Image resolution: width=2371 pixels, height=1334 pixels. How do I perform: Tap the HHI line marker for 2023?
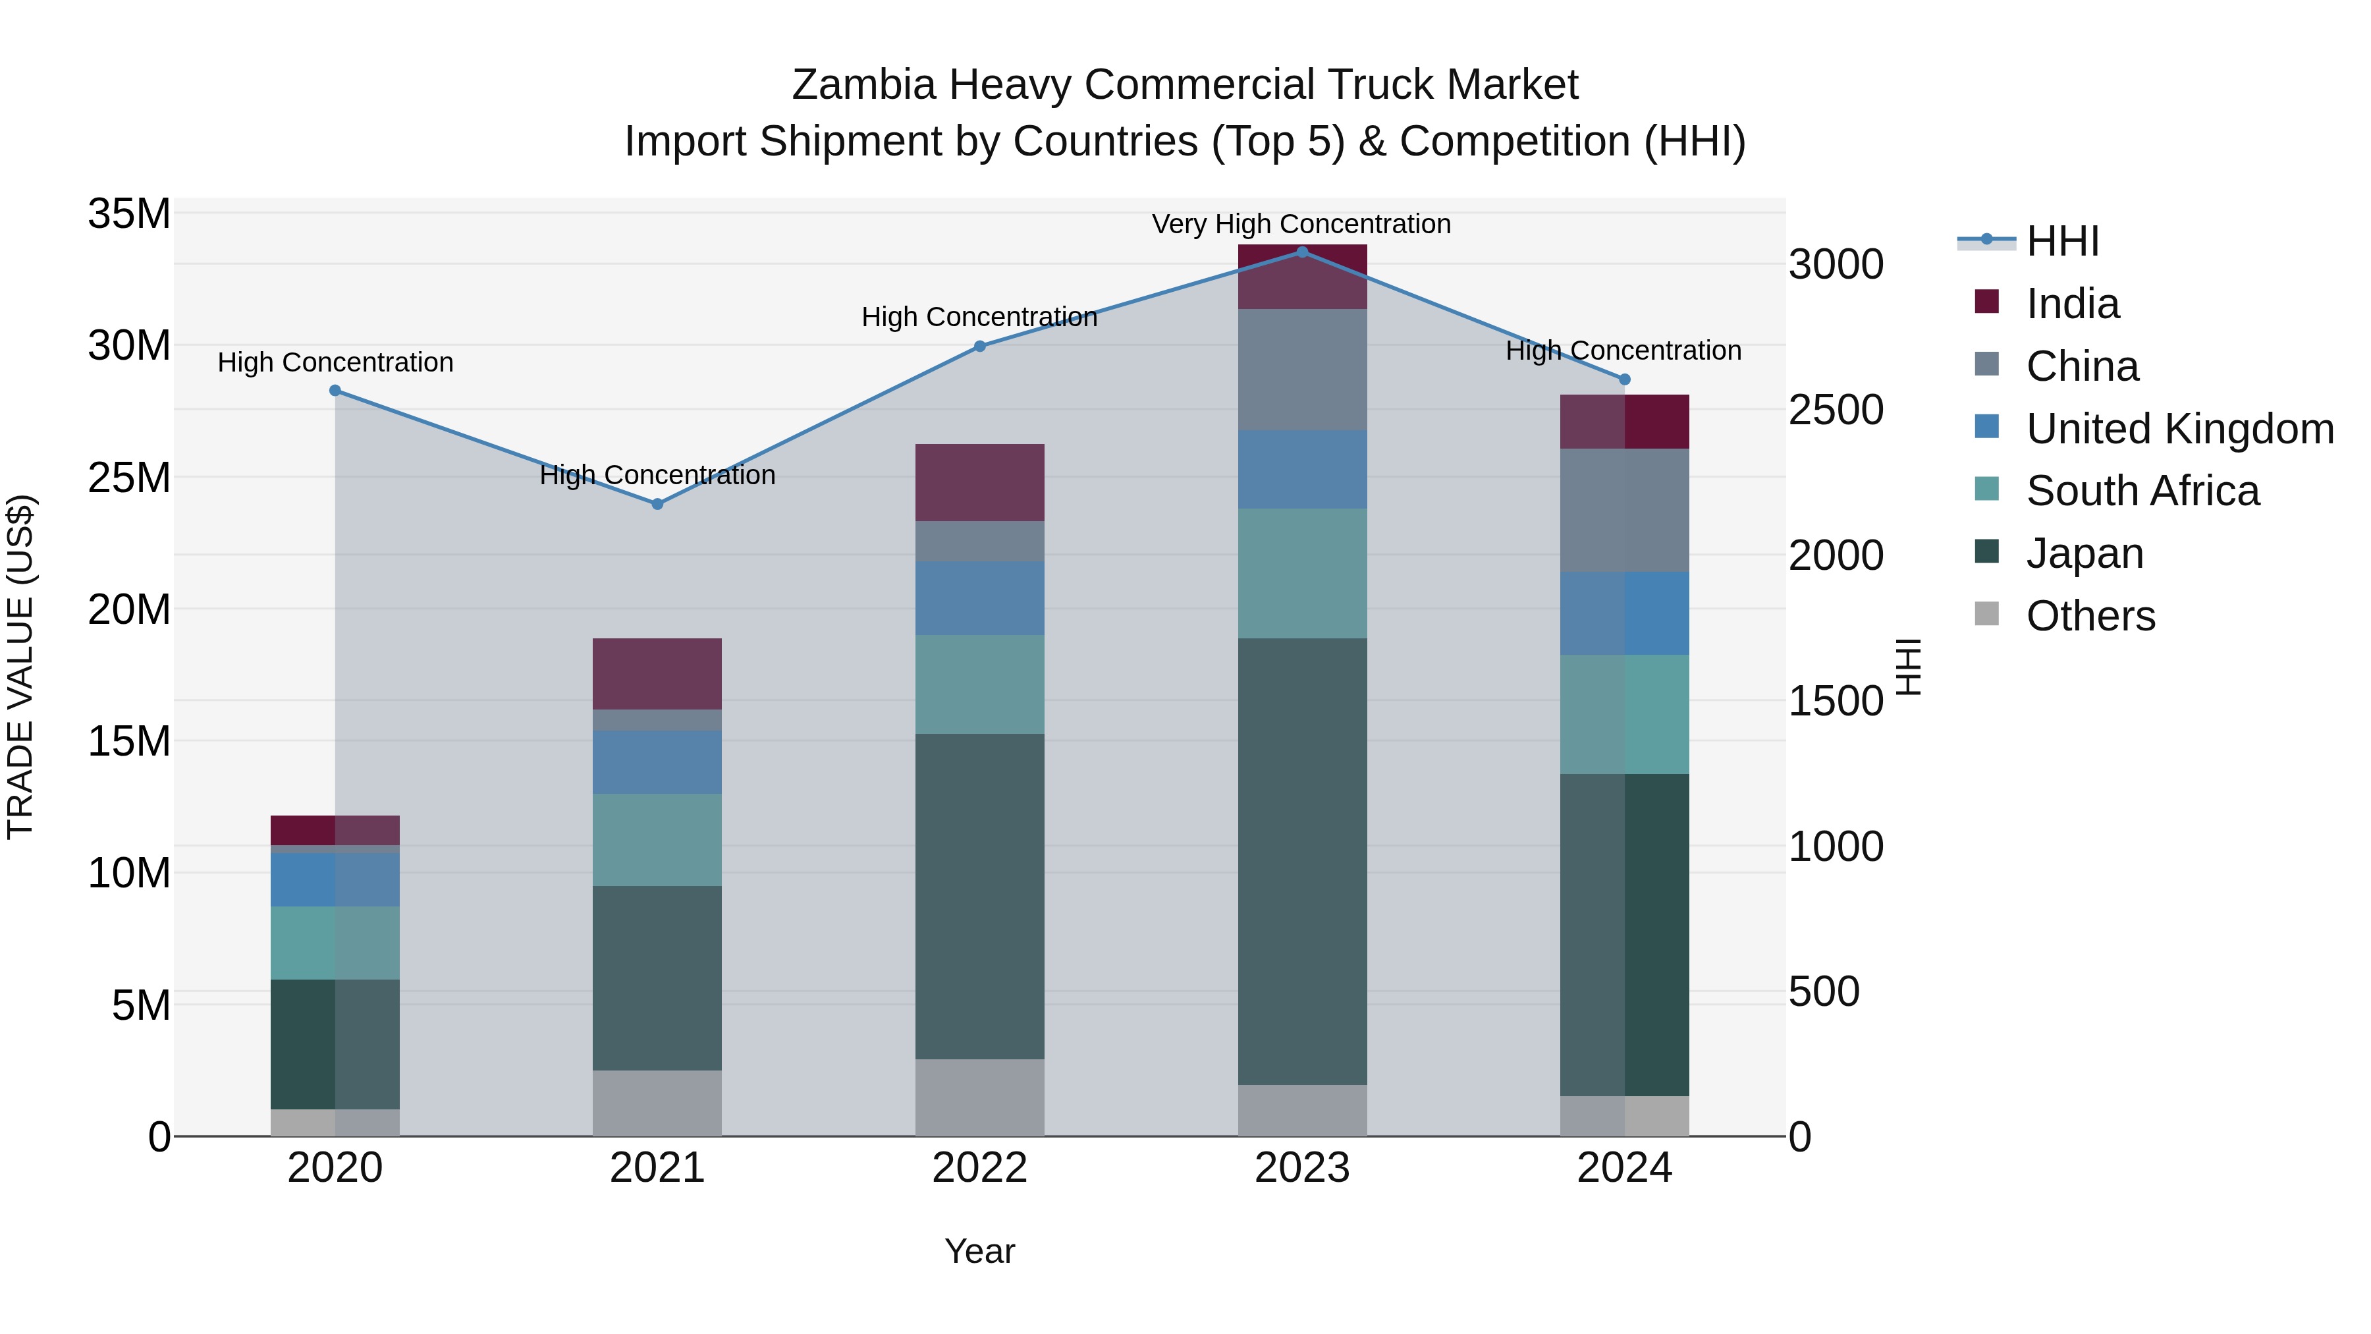point(1301,252)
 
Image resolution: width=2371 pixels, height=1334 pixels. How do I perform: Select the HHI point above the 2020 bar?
point(335,391)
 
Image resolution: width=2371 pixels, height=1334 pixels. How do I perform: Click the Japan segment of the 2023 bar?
point(1301,861)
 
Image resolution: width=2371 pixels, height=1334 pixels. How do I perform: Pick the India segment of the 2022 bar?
point(979,482)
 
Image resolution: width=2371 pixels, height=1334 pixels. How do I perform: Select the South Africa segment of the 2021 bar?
point(657,840)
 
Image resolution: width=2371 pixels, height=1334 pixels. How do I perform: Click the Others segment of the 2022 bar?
point(979,1098)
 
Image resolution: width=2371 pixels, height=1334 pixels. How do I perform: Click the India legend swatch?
point(1987,302)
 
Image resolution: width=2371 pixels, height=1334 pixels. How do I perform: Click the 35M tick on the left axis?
point(129,213)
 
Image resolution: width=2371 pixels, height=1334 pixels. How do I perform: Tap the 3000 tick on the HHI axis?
point(1836,264)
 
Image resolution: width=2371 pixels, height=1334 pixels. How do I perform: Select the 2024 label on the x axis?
point(1623,1168)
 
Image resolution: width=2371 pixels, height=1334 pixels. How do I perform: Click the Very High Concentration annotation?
point(1301,224)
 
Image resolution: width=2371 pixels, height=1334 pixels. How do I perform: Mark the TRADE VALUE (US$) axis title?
point(20,667)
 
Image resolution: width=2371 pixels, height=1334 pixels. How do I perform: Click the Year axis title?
point(979,1251)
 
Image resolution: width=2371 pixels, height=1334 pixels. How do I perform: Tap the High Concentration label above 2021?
point(657,475)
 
